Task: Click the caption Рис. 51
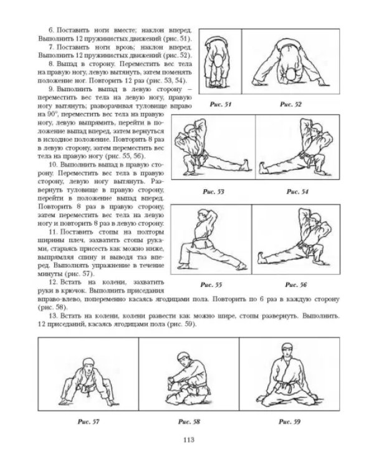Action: tap(221, 104)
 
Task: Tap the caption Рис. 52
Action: tap(290, 104)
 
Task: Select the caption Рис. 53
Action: tap(213, 192)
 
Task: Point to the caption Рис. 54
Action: tap(297, 192)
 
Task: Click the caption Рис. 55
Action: tap(211, 285)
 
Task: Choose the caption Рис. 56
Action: tap(296, 285)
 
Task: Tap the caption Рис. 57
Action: tap(89, 422)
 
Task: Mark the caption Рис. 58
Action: tap(189, 422)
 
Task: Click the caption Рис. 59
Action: tap(290, 422)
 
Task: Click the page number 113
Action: tap(189, 440)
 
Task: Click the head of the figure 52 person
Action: tap(290, 76)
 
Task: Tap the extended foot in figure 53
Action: tap(246, 165)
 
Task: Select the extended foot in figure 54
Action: tap(262, 167)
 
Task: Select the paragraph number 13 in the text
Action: tap(52, 316)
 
